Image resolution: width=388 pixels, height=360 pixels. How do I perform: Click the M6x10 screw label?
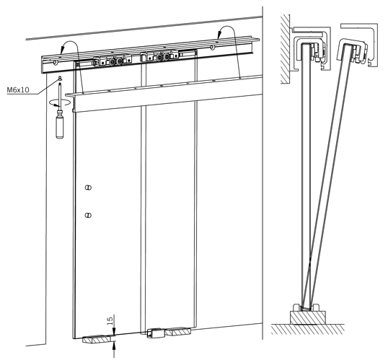click(x=18, y=89)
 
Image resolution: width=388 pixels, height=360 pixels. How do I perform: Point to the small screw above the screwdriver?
click(x=59, y=79)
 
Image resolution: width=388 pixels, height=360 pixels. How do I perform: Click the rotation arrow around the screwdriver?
click(x=60, y=102)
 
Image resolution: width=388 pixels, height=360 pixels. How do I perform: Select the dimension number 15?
click(x=110, y=320)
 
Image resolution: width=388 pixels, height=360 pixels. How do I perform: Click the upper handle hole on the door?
click(x=88, y=188)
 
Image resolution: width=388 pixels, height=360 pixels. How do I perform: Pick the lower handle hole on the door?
click(x=88, y=216)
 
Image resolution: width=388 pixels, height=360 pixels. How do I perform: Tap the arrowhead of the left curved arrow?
click(x=62, y=51)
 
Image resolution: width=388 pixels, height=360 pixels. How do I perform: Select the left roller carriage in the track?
click(x=113, y=61)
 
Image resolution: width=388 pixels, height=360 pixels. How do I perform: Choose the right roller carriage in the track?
click(x=159, y=57)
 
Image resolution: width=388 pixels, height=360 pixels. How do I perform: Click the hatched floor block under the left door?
click(x=97, y=339)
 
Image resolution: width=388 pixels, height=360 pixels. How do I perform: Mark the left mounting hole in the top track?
click(x=56, y=62)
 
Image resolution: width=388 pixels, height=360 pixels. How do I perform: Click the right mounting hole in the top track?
click(x=212, y=47)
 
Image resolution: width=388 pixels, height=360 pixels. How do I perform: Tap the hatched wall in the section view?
click(x=285, y=49)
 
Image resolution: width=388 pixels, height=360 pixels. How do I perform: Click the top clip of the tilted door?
click(x=351, y=50)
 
